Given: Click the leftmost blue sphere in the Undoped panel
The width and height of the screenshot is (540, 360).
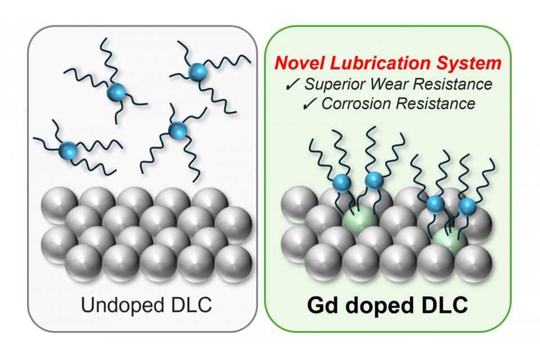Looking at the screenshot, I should coord(68,150).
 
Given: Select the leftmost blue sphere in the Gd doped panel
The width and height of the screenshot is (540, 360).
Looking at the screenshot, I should coord(342,183).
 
